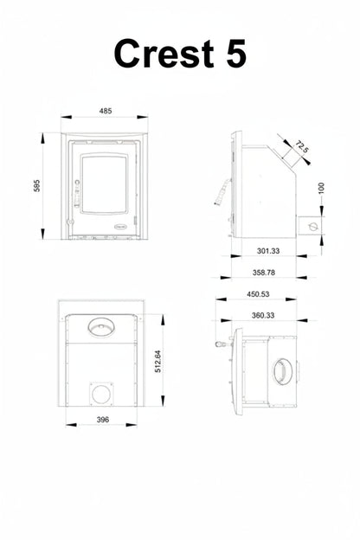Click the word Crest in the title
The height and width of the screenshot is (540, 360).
[x=164, y=54]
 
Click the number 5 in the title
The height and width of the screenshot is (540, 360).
[x=236, y=54]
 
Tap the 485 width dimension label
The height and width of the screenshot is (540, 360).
[x=106, y=111]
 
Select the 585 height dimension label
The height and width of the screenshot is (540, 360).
[x=37, y=185]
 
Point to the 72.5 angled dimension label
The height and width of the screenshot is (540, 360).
[x=302, y=147]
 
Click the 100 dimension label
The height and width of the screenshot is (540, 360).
[x=321, y=188]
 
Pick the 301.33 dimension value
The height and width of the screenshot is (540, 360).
[x=268, y=251]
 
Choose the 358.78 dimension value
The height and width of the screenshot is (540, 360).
[x=264, y=273]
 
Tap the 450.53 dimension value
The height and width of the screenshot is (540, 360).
[x=258, y=294]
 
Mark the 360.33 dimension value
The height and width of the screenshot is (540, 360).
[x=263, y=316]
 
